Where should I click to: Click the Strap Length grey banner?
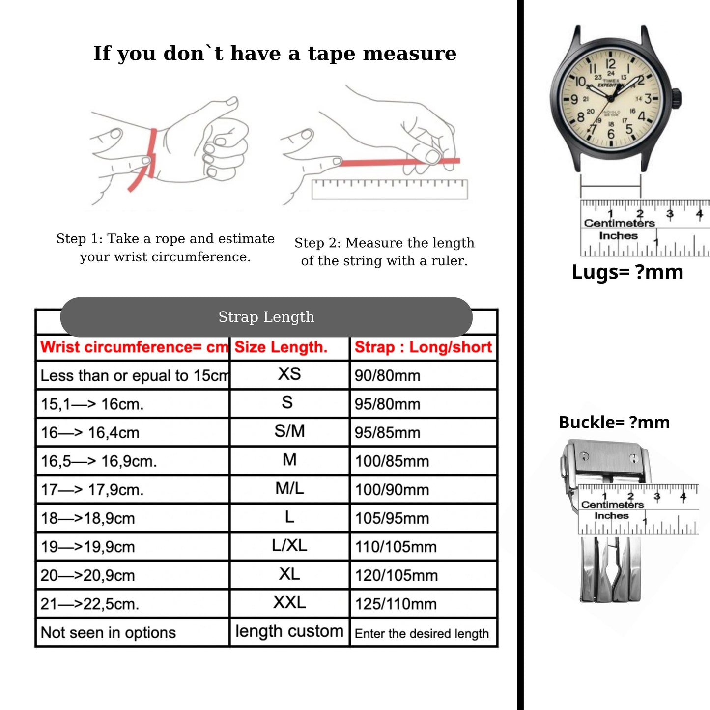266,317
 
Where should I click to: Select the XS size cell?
289,374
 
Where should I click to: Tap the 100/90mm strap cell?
392,490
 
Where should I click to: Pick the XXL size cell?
289,602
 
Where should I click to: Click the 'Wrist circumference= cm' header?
134,347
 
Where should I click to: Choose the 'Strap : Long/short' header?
423,347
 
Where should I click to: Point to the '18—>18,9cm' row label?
87,518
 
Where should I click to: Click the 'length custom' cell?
289,631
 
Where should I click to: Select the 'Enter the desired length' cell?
422,634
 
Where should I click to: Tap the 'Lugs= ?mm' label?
627,272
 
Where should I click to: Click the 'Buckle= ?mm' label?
614,423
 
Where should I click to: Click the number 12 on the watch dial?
610,64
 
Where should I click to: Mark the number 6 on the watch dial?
611,134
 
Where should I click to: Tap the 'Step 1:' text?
80,239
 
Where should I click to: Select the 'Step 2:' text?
317,243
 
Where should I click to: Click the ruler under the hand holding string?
390,189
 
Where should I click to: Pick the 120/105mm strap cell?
396,575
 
